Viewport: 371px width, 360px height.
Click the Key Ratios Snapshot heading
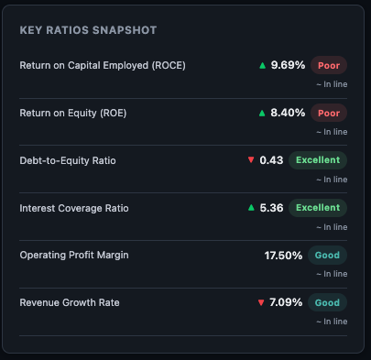click(x=88, y=30)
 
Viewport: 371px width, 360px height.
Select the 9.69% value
click(x=288, y=66)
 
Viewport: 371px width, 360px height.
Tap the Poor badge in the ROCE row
click(x=329, y=66)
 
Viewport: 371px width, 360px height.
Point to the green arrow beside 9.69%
click(x=263, y=66)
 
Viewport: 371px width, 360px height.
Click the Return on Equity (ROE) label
click(x=72, y=114)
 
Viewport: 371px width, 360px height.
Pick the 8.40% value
click(x=288, y=114)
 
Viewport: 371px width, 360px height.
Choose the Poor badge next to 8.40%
click(x=329, y=114)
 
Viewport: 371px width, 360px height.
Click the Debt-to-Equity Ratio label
click(x=68, y=160)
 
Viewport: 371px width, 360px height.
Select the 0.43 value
click(x=271, y=160)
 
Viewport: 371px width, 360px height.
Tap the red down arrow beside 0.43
click(x=251, y=160)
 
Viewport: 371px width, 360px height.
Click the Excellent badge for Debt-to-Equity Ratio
click(x=318, y=160)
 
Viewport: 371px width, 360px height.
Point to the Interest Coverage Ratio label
click(x=74, y=208)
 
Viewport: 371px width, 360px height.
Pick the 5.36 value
click(x=271, y=208)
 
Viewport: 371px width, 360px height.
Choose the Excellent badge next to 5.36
click(x=318, y=208)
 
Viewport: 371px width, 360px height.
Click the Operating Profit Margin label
click(x=77, y=256)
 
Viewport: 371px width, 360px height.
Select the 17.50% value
click(x=283, y=256)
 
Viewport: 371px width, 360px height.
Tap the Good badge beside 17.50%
click(x=328, y=256)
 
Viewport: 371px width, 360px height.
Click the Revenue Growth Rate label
click(x=70, y=303)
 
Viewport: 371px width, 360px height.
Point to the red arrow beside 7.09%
click(x=261, y=303)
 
